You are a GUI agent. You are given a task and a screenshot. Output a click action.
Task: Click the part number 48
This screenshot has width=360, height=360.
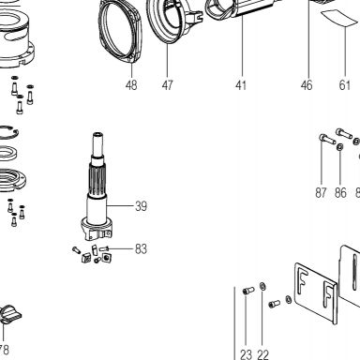coord(131,84)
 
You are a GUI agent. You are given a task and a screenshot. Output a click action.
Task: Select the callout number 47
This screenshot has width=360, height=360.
coord(167,84)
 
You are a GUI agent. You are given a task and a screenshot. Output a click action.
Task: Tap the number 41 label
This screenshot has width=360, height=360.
coord(241,84)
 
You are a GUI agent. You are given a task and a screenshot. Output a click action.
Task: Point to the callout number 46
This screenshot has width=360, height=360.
coord(307,84)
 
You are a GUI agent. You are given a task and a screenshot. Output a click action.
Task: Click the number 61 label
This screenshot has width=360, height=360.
coord(345,84)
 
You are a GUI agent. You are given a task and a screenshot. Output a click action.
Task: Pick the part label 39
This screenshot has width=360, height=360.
coord(141,206)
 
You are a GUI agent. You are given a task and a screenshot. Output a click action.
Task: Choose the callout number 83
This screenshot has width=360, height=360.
coord(141,249)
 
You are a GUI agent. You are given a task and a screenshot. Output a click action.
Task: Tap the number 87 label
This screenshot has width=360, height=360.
coord(321,193)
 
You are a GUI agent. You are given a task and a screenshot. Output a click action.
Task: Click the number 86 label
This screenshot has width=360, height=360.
coord(340,193)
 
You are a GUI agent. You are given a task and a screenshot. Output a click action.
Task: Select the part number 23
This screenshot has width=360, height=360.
coord(246,354)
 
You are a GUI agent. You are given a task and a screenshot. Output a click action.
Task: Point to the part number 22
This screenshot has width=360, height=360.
coord(263,354)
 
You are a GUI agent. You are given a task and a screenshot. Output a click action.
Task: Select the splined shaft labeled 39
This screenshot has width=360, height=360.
coord(97,186)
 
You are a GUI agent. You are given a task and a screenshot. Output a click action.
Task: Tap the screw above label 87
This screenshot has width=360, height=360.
coord(327,139)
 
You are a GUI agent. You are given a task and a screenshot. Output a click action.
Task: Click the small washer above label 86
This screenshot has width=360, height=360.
coord(340,146)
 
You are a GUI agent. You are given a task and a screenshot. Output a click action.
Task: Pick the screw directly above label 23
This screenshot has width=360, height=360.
coord(248,291)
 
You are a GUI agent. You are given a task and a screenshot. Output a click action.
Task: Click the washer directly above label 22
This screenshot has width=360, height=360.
coord(262,286)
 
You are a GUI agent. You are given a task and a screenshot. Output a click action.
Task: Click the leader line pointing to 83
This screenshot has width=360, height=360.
coord(121,248)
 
